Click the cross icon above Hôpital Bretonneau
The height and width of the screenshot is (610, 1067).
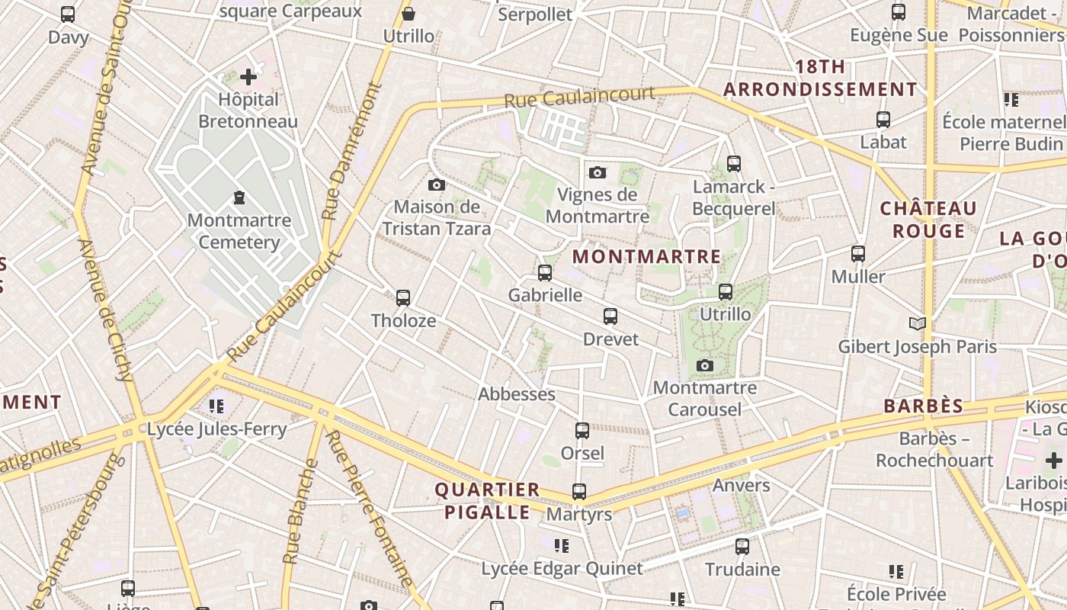pyautogui.click(x=248, y=77)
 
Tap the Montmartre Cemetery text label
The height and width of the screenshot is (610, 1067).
pyautogui.click(x=239, y=231)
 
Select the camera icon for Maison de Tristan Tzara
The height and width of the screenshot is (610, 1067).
pyautogui.click(x=437, y=185)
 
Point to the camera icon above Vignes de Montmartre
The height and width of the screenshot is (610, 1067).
pyautogui.click(x=598, y=172)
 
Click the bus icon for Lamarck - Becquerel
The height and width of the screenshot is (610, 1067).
pyautogui.click(x=733, y=163)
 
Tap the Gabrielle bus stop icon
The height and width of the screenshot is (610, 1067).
pyautogui.click(x=544, y=273)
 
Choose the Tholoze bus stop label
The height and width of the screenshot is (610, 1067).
pyautogui.click(x=403, y=320)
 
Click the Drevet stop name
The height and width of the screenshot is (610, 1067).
pyautogui.click(x=610, y=339)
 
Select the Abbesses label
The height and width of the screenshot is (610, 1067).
pyautogui.click(x=516, y=394)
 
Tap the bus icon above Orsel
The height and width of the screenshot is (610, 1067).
pyautogui.click(x=582, y=431)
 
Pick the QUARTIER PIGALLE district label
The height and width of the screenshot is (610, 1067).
pyautogui.click(x=487, y=500)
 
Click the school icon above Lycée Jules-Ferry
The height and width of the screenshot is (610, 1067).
pyautogui.click(x=216, y=406)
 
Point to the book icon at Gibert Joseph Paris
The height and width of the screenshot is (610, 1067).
pyautogui.click(x=918, y=324)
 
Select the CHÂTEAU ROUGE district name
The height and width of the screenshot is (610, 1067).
pyautogui.click(x=928, y=220)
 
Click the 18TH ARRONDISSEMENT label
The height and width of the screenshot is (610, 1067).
pyautogui.click(x=820, y=78)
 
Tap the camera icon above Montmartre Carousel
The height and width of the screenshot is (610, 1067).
pyautogui.click(x=705, y=366)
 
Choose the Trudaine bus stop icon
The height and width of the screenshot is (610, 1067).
pyautogui.click(x=742, y=547)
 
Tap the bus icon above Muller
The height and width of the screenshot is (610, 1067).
pyautogui.click(x=858, y=254)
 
